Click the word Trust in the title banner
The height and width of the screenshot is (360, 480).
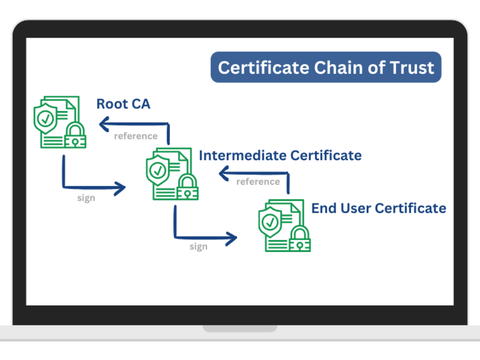pos(412,68)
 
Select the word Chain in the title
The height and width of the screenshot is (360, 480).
pos(339,67)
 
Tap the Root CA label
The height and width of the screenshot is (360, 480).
pos(123,104)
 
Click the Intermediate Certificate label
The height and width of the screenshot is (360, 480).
pos(280,156)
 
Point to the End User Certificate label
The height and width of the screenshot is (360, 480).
pos(378,208)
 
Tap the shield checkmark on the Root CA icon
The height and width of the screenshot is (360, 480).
pos(46,118)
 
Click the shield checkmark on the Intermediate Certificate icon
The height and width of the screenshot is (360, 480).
pos(158,170)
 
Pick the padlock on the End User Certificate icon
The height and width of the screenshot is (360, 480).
pos(300,239)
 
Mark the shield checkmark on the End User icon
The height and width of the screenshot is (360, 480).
pos(270,222)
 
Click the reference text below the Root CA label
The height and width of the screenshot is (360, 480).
pos(136,136)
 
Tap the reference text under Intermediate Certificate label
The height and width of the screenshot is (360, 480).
pos(258,182)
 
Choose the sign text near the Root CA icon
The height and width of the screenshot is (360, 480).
pos(86,198)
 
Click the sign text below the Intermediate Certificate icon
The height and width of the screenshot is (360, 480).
pos(198,247)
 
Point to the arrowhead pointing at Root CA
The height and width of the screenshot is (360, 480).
pos(104,124)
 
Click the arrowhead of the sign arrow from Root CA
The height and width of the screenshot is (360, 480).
pos(120,188)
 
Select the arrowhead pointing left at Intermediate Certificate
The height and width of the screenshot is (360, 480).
pos(224,173)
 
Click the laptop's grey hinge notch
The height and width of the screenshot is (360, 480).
pos(240,328)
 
